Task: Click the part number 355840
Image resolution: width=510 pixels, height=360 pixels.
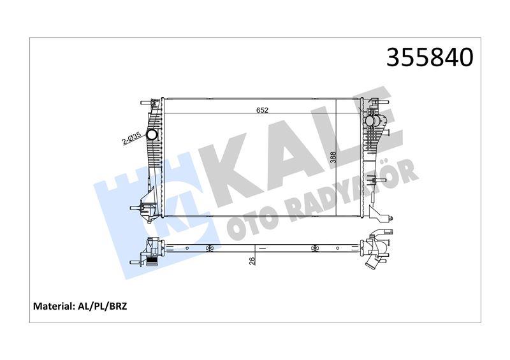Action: tap(429, 57)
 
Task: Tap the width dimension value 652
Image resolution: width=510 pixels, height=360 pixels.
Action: tap(262, 110)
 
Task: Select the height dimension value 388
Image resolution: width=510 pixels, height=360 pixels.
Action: tap(332, 157)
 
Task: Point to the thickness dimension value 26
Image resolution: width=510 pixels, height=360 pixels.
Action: tap(252, 260)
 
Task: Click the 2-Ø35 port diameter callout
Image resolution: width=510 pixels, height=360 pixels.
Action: tap(131, 138)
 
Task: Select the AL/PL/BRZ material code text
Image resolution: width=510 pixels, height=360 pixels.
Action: tap(102, 306)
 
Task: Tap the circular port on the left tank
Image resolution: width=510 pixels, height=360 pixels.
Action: tap(152, 134)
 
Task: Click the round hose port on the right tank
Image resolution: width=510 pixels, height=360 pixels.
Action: tap(370, 121)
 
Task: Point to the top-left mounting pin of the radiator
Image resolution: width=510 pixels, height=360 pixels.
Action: tap(147, 103)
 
